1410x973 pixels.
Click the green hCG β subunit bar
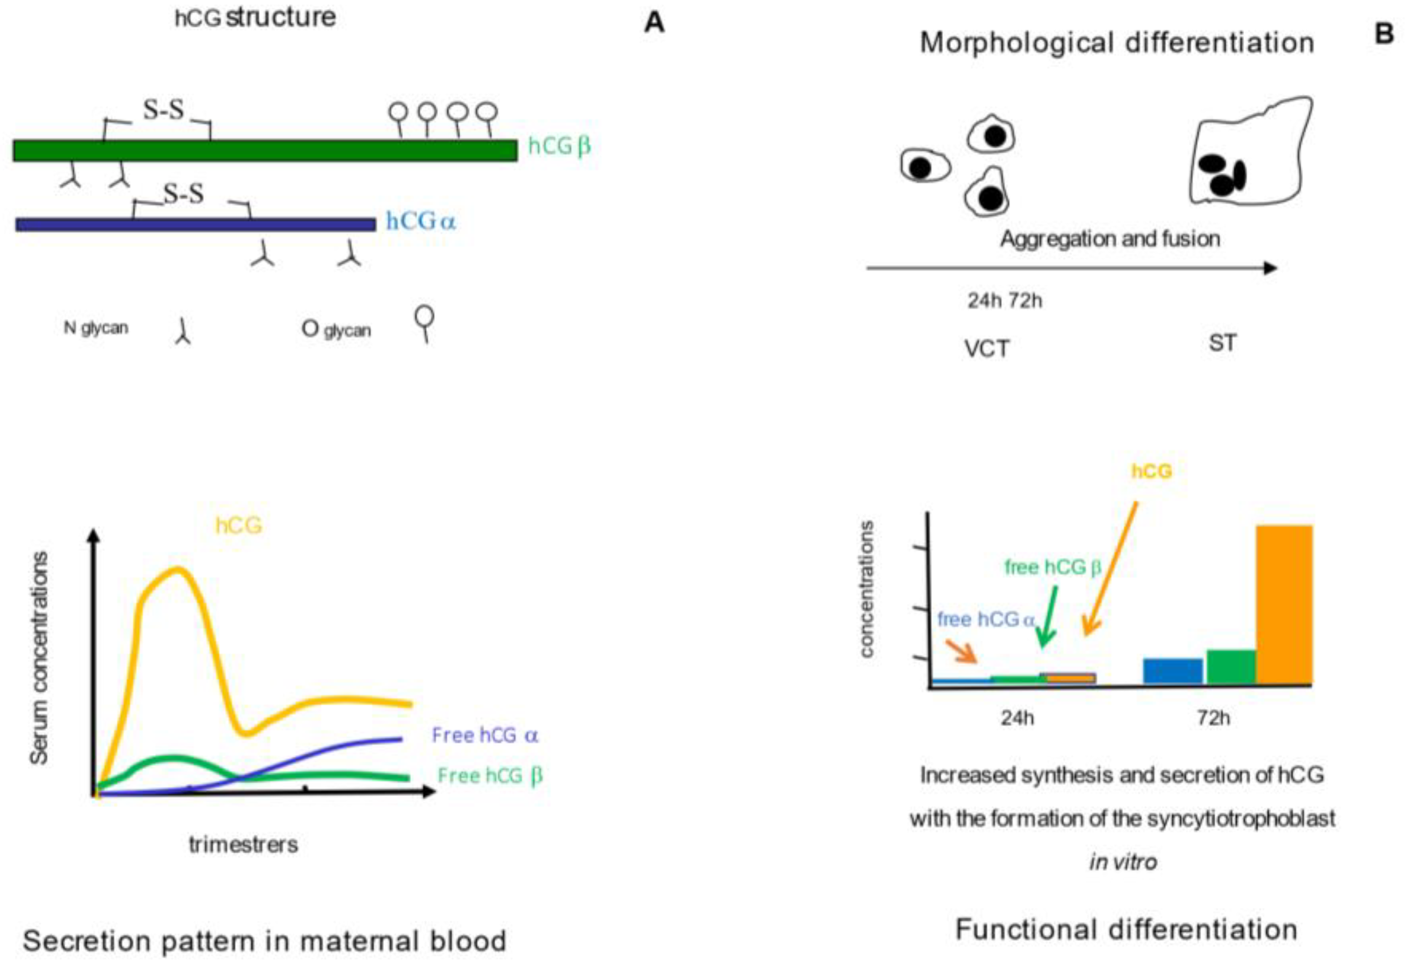click(x=265, y=150)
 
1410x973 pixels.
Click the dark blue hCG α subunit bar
click(x=195, y=224)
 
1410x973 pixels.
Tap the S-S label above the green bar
click(x=163, y=110)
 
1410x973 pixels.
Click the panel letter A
click(x=654, y=23)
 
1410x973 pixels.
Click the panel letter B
click(x=1385, y=33)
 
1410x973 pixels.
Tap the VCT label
click(x=987, y=349)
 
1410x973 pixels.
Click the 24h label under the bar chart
click(x=1017, y=718)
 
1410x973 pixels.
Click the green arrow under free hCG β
click(x=1049, y=616)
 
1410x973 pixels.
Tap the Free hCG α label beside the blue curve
click(x=485, y=735)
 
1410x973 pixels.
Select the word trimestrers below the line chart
click(x=243, y=844)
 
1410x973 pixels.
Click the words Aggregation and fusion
click(x=1110, y=238)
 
